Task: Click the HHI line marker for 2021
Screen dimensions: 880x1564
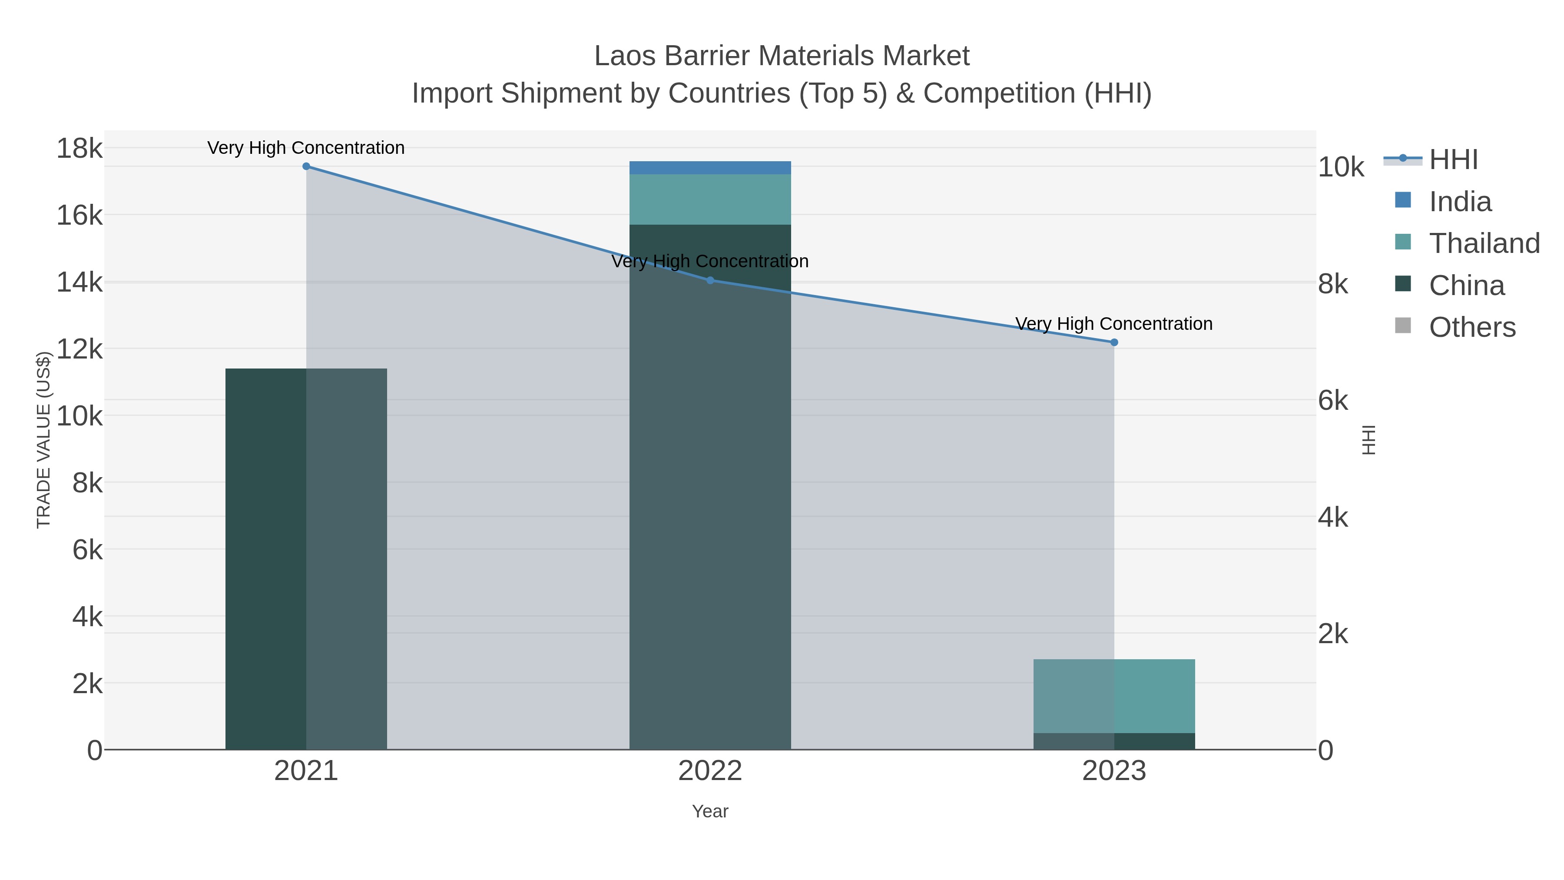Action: [x=306, y=166]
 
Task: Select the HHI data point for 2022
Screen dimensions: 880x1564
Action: [x=710, y=280]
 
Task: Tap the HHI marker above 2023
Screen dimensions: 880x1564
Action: [x=1114, y=342]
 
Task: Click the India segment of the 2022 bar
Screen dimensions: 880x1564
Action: [x=710, y=168]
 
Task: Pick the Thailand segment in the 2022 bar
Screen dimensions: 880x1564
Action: [x=710, y=199]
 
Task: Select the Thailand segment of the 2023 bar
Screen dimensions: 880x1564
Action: [x=1114, y=696]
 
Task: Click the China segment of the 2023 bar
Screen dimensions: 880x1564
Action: [x=1114, y=741]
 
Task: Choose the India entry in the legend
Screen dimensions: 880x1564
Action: [x=1460, y=202]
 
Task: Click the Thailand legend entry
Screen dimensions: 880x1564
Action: [x=1484, y=243]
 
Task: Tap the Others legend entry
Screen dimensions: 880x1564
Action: [x=1472, y=327]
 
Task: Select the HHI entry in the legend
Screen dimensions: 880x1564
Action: [x=1453, y=160]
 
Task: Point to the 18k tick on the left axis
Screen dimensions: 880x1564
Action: [x=80, y=148]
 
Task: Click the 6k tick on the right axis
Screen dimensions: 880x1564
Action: [x=1333, y=401]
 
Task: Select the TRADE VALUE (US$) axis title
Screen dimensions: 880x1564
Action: [x=44, y=440]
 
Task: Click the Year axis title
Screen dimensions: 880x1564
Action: [x=710, y=811]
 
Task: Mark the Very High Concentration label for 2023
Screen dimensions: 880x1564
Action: [x=1114, y=324]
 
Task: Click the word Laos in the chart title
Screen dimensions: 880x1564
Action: [x=625, y=56]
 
